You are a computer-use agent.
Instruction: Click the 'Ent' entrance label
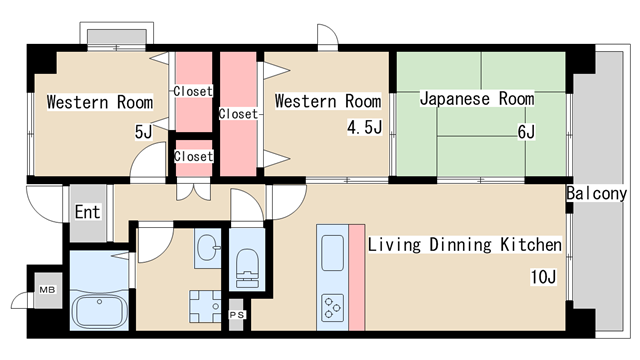pos(87,212)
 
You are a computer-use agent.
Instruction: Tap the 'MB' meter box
pos(46,290)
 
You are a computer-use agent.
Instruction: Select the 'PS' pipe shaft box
pos(237,315)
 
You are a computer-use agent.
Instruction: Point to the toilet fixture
pos(245,265)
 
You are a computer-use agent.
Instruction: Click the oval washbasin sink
pos(208,247)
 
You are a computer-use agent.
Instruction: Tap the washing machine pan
pos(206,303)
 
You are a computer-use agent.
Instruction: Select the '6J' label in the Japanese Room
pos(526,131)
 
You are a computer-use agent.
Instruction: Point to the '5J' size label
pos(143,130)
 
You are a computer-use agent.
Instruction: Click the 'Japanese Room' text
pos(476,99)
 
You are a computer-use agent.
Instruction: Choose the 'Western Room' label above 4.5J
pos(327,101)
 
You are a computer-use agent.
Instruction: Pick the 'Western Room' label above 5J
pos(99,102)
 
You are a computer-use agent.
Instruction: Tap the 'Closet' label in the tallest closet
pos(239,113)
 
